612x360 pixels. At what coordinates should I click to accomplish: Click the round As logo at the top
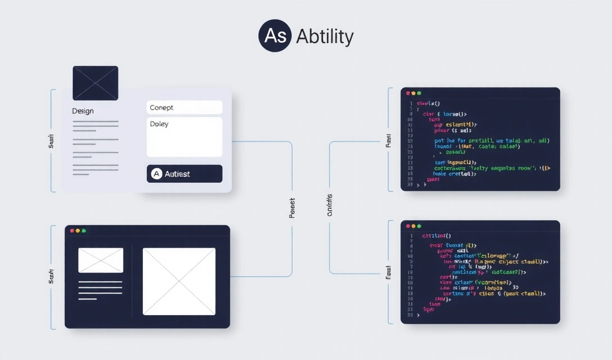[x=275, y=37]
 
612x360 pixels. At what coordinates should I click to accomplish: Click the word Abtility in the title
[x=325, y=37]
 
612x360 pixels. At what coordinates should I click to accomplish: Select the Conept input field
[x=184, y=107]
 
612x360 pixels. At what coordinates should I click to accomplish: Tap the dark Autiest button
[x=184, y=174]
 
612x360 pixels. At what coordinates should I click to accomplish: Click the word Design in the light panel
[x=83, y=111]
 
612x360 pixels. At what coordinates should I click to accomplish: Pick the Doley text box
[x=184, y=137]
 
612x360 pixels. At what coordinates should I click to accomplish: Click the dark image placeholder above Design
[x=96, y=83]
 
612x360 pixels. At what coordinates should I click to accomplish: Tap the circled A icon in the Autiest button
[x=156, y=174]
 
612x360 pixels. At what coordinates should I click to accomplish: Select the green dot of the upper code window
[x=419, y=93]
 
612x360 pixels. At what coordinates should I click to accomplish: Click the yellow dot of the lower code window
[x=414, y=226]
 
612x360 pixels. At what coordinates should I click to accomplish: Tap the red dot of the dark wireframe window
[x=72, y=231]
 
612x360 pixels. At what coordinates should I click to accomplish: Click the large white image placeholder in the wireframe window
[x=179, y=281]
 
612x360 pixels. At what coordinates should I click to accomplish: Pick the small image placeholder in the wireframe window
[x=101, y=260]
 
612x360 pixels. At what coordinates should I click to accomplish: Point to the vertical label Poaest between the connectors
[x=292, y=208]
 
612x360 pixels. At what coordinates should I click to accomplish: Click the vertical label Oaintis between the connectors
[x=330, y=205]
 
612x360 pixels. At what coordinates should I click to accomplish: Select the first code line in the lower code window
[x=437, y=236]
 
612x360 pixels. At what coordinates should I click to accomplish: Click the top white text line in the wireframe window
[x=100, y=281]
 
